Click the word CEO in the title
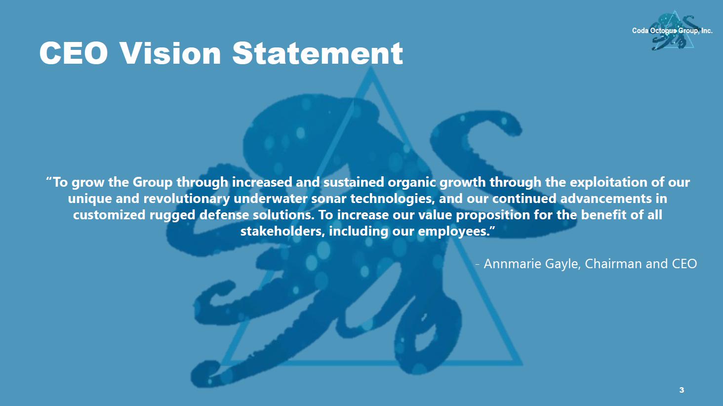coord(74,53)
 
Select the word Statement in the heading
coord(318,53)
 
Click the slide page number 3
coord(682,390)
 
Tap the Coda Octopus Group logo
coord(673,31)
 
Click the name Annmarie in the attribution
coord(512,264)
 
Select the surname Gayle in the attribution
coord(563,264)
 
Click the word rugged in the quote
coord(172,215)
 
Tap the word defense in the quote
coord(224,215)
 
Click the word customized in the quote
coord(109,215)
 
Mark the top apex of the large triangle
coord(371,67)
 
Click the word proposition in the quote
coord(493,215)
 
